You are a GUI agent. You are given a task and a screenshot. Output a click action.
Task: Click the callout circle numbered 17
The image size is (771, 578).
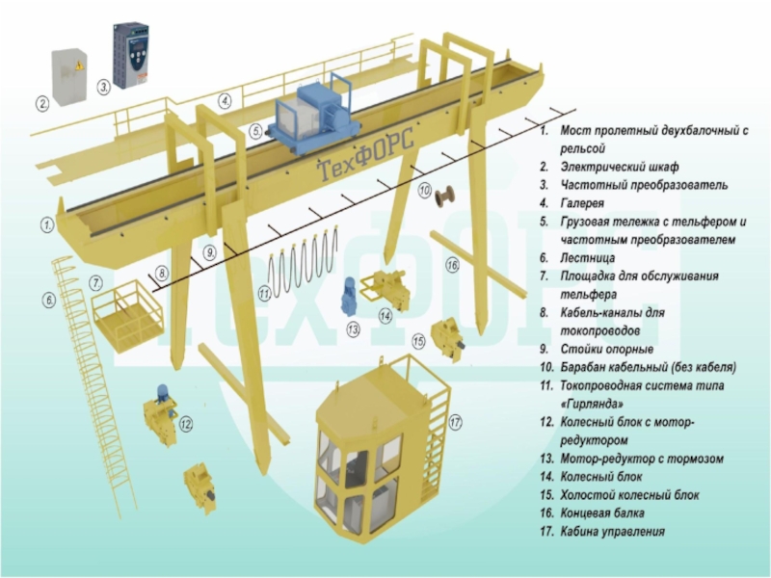(x=456, y=422)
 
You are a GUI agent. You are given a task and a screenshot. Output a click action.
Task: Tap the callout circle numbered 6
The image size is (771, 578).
(x=49, y=301)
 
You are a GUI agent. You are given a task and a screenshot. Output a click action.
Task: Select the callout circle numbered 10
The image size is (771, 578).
(x=424, y=191)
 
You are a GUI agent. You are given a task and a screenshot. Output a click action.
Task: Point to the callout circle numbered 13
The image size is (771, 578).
(x=354, y=329)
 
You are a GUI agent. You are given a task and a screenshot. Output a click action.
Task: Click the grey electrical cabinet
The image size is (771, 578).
(x=67, y=74)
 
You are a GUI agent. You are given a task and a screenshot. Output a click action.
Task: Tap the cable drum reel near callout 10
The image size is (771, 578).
(x=446, y=199)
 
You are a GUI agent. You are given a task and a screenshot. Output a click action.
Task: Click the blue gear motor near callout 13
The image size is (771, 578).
(x=349, y=295)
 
